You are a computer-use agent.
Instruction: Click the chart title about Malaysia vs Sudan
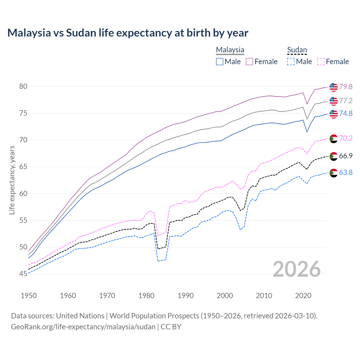coord(128,33)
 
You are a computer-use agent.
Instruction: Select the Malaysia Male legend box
coord(220,62)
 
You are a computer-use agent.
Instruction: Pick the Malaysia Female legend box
coord(249,62)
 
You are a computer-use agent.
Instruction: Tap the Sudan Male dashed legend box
coord(291,62)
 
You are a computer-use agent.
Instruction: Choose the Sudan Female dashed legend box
coord(321,62)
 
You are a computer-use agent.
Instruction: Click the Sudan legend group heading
coord(297,50)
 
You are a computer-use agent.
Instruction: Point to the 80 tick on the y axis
coord(23,86)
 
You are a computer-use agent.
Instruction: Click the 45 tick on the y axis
coord(23,274)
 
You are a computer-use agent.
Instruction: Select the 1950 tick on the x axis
coord(29,296)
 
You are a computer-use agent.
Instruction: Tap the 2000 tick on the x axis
coord(225,296)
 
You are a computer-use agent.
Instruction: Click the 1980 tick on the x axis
coord(146,296)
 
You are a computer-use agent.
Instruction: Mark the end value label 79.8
coord(346,87)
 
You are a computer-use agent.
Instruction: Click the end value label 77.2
coord(346,101)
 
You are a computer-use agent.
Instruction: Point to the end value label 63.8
coord(346,172)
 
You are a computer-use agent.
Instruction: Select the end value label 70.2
coord(346,138)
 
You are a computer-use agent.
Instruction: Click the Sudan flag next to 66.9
coord(334,156)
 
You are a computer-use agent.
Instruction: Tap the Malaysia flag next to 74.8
coord(334,114)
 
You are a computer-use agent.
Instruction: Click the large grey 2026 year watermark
coord(297,269)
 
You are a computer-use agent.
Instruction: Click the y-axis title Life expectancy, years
coord(12,180)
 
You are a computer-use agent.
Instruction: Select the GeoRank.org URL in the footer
coord(83,327)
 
